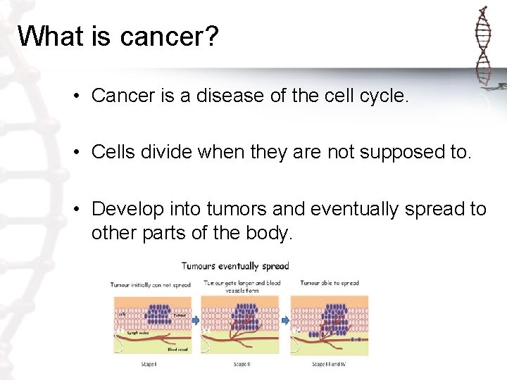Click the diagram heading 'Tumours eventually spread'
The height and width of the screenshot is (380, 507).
pyautogui.click(x=235, y=266)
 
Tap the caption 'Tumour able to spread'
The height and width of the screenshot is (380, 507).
pyautogui.click(x=329, y=283)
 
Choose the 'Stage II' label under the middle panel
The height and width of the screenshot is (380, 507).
pyautogui.click(x=242, y=364)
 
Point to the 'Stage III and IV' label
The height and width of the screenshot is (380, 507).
pyautogui.click(x=329, y=364)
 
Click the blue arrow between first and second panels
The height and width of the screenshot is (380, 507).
pyautogui.click(x=196, y=319)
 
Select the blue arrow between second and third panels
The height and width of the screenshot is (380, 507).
pyautogui.click(x=286, y=319)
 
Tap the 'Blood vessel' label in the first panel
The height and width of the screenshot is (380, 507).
pyautogui.click(x=177, y=348)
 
